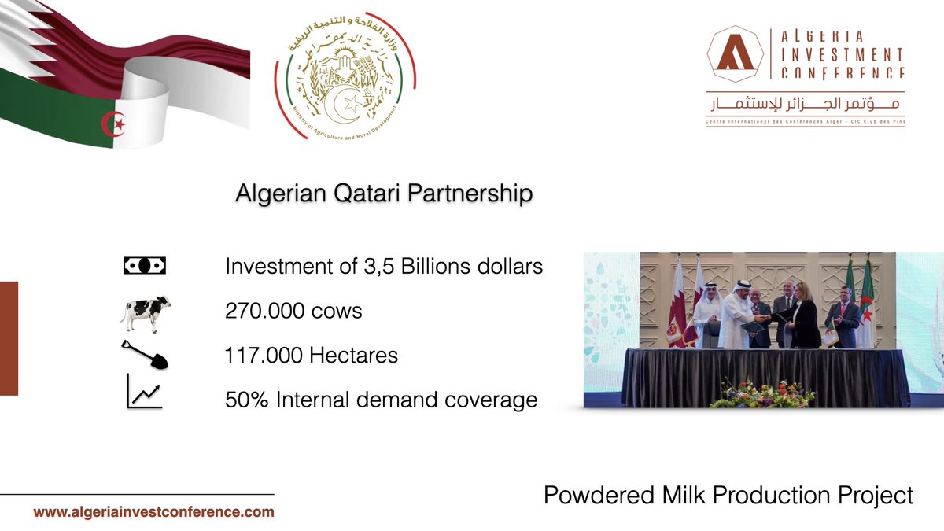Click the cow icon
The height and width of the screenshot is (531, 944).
146,312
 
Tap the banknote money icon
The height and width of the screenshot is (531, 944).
146,266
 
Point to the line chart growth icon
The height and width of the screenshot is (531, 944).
145,393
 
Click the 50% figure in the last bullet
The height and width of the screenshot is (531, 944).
244,400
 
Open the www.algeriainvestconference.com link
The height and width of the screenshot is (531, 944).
153,512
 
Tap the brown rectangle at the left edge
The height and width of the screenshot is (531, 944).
9,338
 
